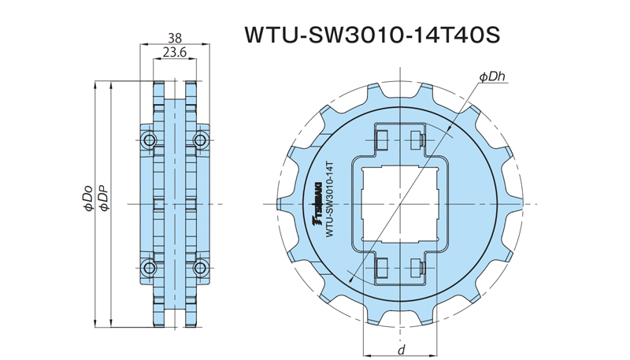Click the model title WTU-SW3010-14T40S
[x=372, y=36]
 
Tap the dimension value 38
[x=175, y=38]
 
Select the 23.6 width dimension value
[x=175, y=54]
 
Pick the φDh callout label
[x=491, y=76]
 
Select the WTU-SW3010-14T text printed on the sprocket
[x=332, y=196]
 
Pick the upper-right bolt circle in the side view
[x=199, y=142]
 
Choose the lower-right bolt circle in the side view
[x=199, y=266]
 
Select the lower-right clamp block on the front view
[x=418, y=268]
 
